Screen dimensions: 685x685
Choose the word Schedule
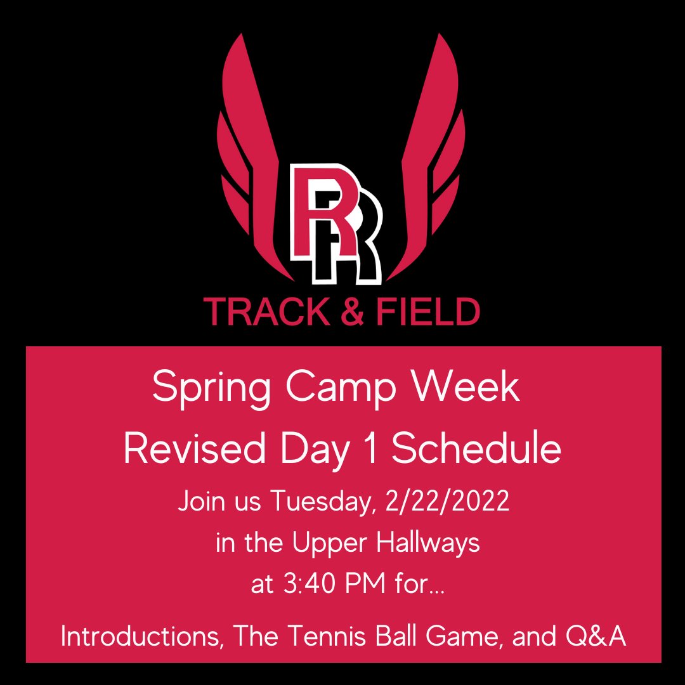(x=476, y=450)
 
